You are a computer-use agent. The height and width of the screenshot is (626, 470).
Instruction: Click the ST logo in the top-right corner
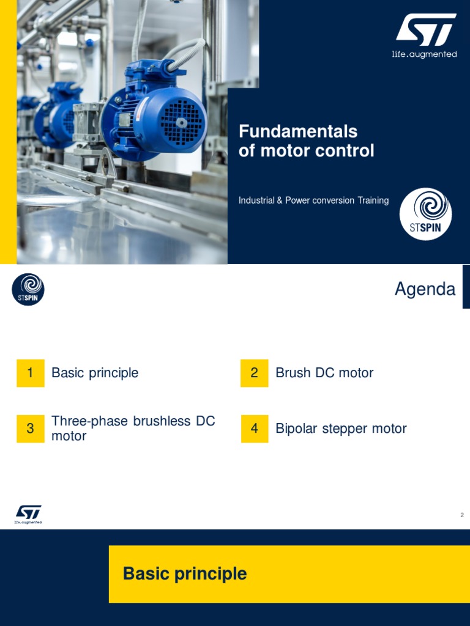425,30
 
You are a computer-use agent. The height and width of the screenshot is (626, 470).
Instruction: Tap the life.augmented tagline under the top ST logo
424,54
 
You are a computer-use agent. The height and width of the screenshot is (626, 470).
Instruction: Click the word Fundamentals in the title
298,131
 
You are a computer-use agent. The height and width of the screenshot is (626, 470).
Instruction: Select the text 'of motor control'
306,151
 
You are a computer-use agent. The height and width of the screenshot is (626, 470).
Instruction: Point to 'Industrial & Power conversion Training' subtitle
313,201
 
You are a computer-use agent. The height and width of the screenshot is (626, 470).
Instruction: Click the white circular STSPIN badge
425,214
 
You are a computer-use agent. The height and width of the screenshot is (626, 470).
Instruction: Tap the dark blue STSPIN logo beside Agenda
28,289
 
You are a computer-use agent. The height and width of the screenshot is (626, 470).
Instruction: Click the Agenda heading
425,289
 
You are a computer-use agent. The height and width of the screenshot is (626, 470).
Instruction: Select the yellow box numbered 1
31,373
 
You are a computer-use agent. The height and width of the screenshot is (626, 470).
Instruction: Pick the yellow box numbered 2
255,373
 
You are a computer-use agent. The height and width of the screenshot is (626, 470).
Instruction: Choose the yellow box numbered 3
31,429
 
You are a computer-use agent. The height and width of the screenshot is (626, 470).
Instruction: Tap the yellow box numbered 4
255,429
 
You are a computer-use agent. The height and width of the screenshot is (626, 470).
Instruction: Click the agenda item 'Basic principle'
95,373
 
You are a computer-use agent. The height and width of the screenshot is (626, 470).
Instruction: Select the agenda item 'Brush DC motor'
324,373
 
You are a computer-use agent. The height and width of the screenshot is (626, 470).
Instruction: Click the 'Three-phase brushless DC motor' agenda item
133,429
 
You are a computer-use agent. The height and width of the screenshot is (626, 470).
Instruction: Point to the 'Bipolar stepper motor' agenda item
341,429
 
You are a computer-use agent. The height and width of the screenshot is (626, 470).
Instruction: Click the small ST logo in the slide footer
28,514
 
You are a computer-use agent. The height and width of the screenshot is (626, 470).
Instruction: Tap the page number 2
462,515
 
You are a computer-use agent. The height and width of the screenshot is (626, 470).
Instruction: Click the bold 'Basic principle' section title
185,574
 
